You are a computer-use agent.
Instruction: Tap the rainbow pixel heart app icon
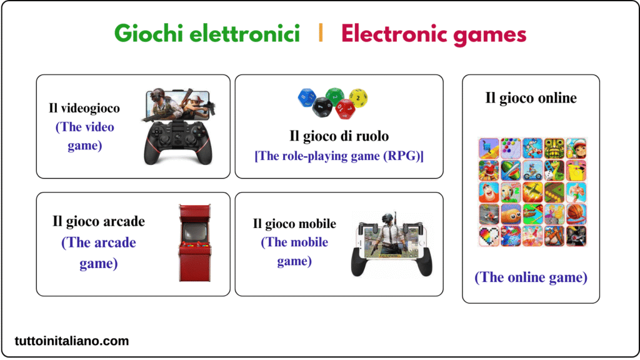(x=488, y=236)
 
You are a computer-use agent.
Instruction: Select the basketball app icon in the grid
(x=576, y=214)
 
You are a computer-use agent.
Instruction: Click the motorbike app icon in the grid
(x=532, y=192)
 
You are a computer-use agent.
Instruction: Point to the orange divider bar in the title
(x=321, y=33)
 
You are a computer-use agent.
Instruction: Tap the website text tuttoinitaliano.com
(x=72, y=341)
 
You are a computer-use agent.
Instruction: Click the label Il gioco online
(x=531, y=97)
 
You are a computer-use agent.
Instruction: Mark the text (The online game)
(x=531, y=277)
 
